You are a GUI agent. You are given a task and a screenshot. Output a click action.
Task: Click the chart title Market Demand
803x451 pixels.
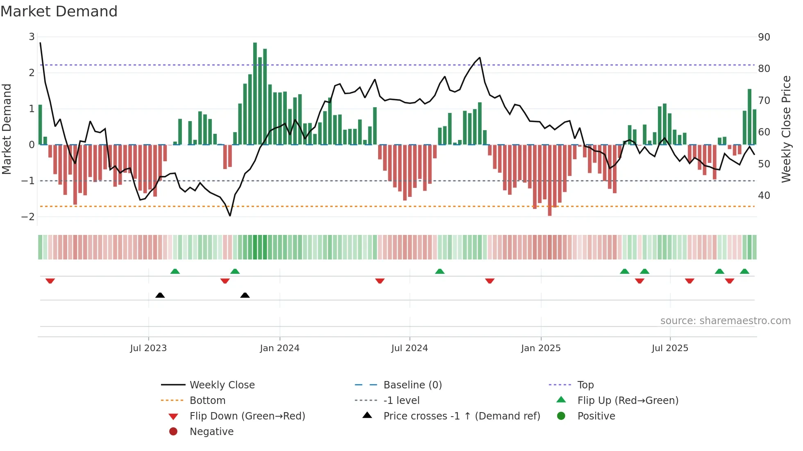(x=59, y=11)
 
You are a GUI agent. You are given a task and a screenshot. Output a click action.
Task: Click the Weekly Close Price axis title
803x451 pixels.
(x=786, y=129)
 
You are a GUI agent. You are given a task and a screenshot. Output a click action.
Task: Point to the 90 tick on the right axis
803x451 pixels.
(x=764, y=37)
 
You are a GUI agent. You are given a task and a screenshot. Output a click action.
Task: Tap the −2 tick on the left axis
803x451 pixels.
(x=28, y=216)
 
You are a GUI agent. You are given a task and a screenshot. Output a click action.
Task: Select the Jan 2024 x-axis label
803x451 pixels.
(x=279, y=348)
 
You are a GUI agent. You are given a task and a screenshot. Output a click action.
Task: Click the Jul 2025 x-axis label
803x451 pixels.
(x=670, y=348)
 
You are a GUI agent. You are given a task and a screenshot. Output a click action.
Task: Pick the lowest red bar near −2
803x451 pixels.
(x=549, y=180)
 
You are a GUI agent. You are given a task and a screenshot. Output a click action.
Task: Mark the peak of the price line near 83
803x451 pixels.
(x=480, y=58)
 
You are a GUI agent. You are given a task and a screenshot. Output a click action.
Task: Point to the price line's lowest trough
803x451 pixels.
(x=230, y=215)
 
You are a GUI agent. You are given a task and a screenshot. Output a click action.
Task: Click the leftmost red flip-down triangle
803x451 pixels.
(x=50, y=281)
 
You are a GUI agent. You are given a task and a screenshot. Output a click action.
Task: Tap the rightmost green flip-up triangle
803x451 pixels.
(x=744, y=271)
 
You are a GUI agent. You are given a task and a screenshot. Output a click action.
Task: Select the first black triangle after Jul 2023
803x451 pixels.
(x=160, y=295)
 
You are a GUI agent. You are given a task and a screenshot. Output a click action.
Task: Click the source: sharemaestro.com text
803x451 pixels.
(x=725, y=320)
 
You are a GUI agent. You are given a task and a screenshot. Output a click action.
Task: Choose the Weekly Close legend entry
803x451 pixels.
(x=222, y=385)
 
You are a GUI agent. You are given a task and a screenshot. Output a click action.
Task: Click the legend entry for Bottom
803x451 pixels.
(x=207, y=400)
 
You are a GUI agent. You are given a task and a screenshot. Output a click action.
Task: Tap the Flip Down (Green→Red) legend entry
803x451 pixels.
(x=247, y=416)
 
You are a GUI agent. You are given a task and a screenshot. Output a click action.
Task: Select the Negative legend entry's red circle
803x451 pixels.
(x=173, y=431)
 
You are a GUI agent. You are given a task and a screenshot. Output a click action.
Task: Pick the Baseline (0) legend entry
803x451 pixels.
(x=412, y=385)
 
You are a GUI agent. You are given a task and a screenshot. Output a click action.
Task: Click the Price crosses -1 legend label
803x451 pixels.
(x=461, y=416)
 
